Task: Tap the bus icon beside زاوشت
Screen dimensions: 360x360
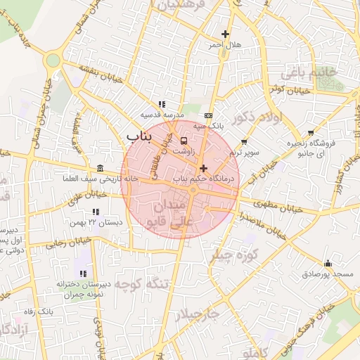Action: [x=184, y=140]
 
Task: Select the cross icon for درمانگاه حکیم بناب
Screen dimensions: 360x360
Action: [x=204, y=168]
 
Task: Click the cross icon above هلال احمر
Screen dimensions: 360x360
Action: [x=225, y=34]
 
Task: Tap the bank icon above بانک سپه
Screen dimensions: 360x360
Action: [x=207, y=115]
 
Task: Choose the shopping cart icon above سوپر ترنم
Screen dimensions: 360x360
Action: [x=244, y=142]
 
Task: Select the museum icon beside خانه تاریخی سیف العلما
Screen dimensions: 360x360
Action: [x=100, y=168]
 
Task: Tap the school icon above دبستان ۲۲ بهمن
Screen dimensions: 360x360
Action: [x=96, y=212]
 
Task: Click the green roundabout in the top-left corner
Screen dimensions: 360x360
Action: [x=52, y=60]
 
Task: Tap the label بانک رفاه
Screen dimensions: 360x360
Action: [x=39, y=311]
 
